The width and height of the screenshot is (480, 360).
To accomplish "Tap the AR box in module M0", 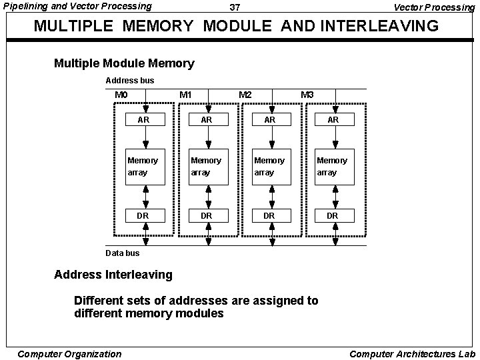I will (143, 120).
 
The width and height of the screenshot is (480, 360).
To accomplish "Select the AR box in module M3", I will (333, 120).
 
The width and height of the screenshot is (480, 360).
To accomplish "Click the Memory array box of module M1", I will (207, 166).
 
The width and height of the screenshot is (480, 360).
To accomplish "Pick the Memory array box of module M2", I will (269, 166).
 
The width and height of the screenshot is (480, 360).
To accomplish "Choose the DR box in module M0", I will (143, 215).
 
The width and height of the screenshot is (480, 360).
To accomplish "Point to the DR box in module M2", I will (269, 215).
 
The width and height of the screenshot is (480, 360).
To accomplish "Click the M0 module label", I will (121, 95).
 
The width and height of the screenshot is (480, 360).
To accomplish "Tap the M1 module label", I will (186, 95).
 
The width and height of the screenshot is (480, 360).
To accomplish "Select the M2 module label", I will (245, 95).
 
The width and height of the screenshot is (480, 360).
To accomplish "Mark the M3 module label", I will (307, 95).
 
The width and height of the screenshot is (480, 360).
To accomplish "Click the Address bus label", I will (130, 81).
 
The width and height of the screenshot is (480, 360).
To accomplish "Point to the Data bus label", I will (123, 253).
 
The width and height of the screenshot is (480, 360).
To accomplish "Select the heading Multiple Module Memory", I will (124, 63).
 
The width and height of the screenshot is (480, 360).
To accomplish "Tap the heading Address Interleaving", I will (113, 274).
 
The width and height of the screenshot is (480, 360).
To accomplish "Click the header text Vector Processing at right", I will (434, 7).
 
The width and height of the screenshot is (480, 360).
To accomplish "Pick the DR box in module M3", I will (333, 215).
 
